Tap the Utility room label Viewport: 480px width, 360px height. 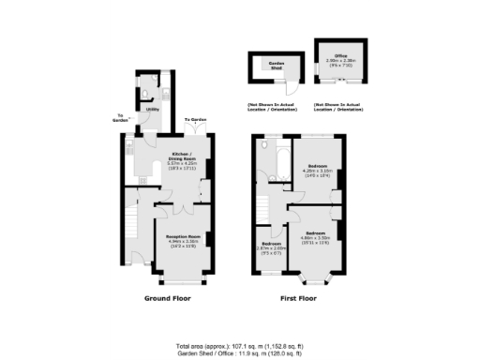pyautogui.click(x=151, y=110)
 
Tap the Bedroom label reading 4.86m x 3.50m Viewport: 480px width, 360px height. pyautogui.click(x=314, y=234)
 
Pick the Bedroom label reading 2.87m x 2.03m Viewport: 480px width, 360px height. pyautogui.click(x=271, y=247)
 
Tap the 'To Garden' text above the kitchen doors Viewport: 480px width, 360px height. pyautogui.click(x=194, y=120)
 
